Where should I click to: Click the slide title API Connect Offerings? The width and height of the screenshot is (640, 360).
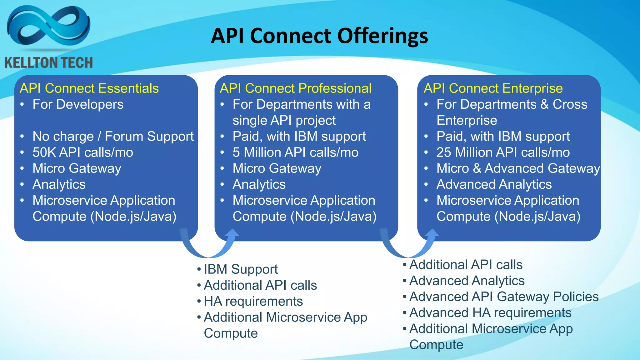[x=319, y=36]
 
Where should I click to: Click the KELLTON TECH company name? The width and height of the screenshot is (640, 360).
[x=49, y=62]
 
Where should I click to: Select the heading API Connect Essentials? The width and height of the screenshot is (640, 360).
[x=89, y=88]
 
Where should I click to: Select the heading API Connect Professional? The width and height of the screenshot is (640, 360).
[x=296, y=88]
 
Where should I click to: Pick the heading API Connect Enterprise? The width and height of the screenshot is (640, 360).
[x=493, y=88]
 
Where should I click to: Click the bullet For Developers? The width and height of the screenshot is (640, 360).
[x=78, y=104]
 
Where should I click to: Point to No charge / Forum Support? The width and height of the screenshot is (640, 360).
[x=113, y=136]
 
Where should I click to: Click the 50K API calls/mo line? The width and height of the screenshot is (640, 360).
[x=83, y=152]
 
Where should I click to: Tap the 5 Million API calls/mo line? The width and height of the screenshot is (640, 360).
[x=295, y=152]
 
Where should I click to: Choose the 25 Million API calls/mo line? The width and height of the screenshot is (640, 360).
[x=503, y=152]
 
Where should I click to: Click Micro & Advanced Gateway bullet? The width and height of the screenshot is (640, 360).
[x=518, y=168]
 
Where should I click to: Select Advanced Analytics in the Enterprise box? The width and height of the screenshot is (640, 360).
[x=494, y=184]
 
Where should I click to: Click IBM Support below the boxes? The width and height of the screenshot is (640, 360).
[x=240, y=269]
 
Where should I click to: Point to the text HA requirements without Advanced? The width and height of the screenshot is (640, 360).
[x=253, y=302]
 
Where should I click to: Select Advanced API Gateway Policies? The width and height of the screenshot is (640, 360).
[x=504, y=297]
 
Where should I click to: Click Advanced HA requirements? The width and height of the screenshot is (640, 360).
[x=490, y=313]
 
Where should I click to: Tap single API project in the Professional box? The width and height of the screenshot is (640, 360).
[x=284, y=121]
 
